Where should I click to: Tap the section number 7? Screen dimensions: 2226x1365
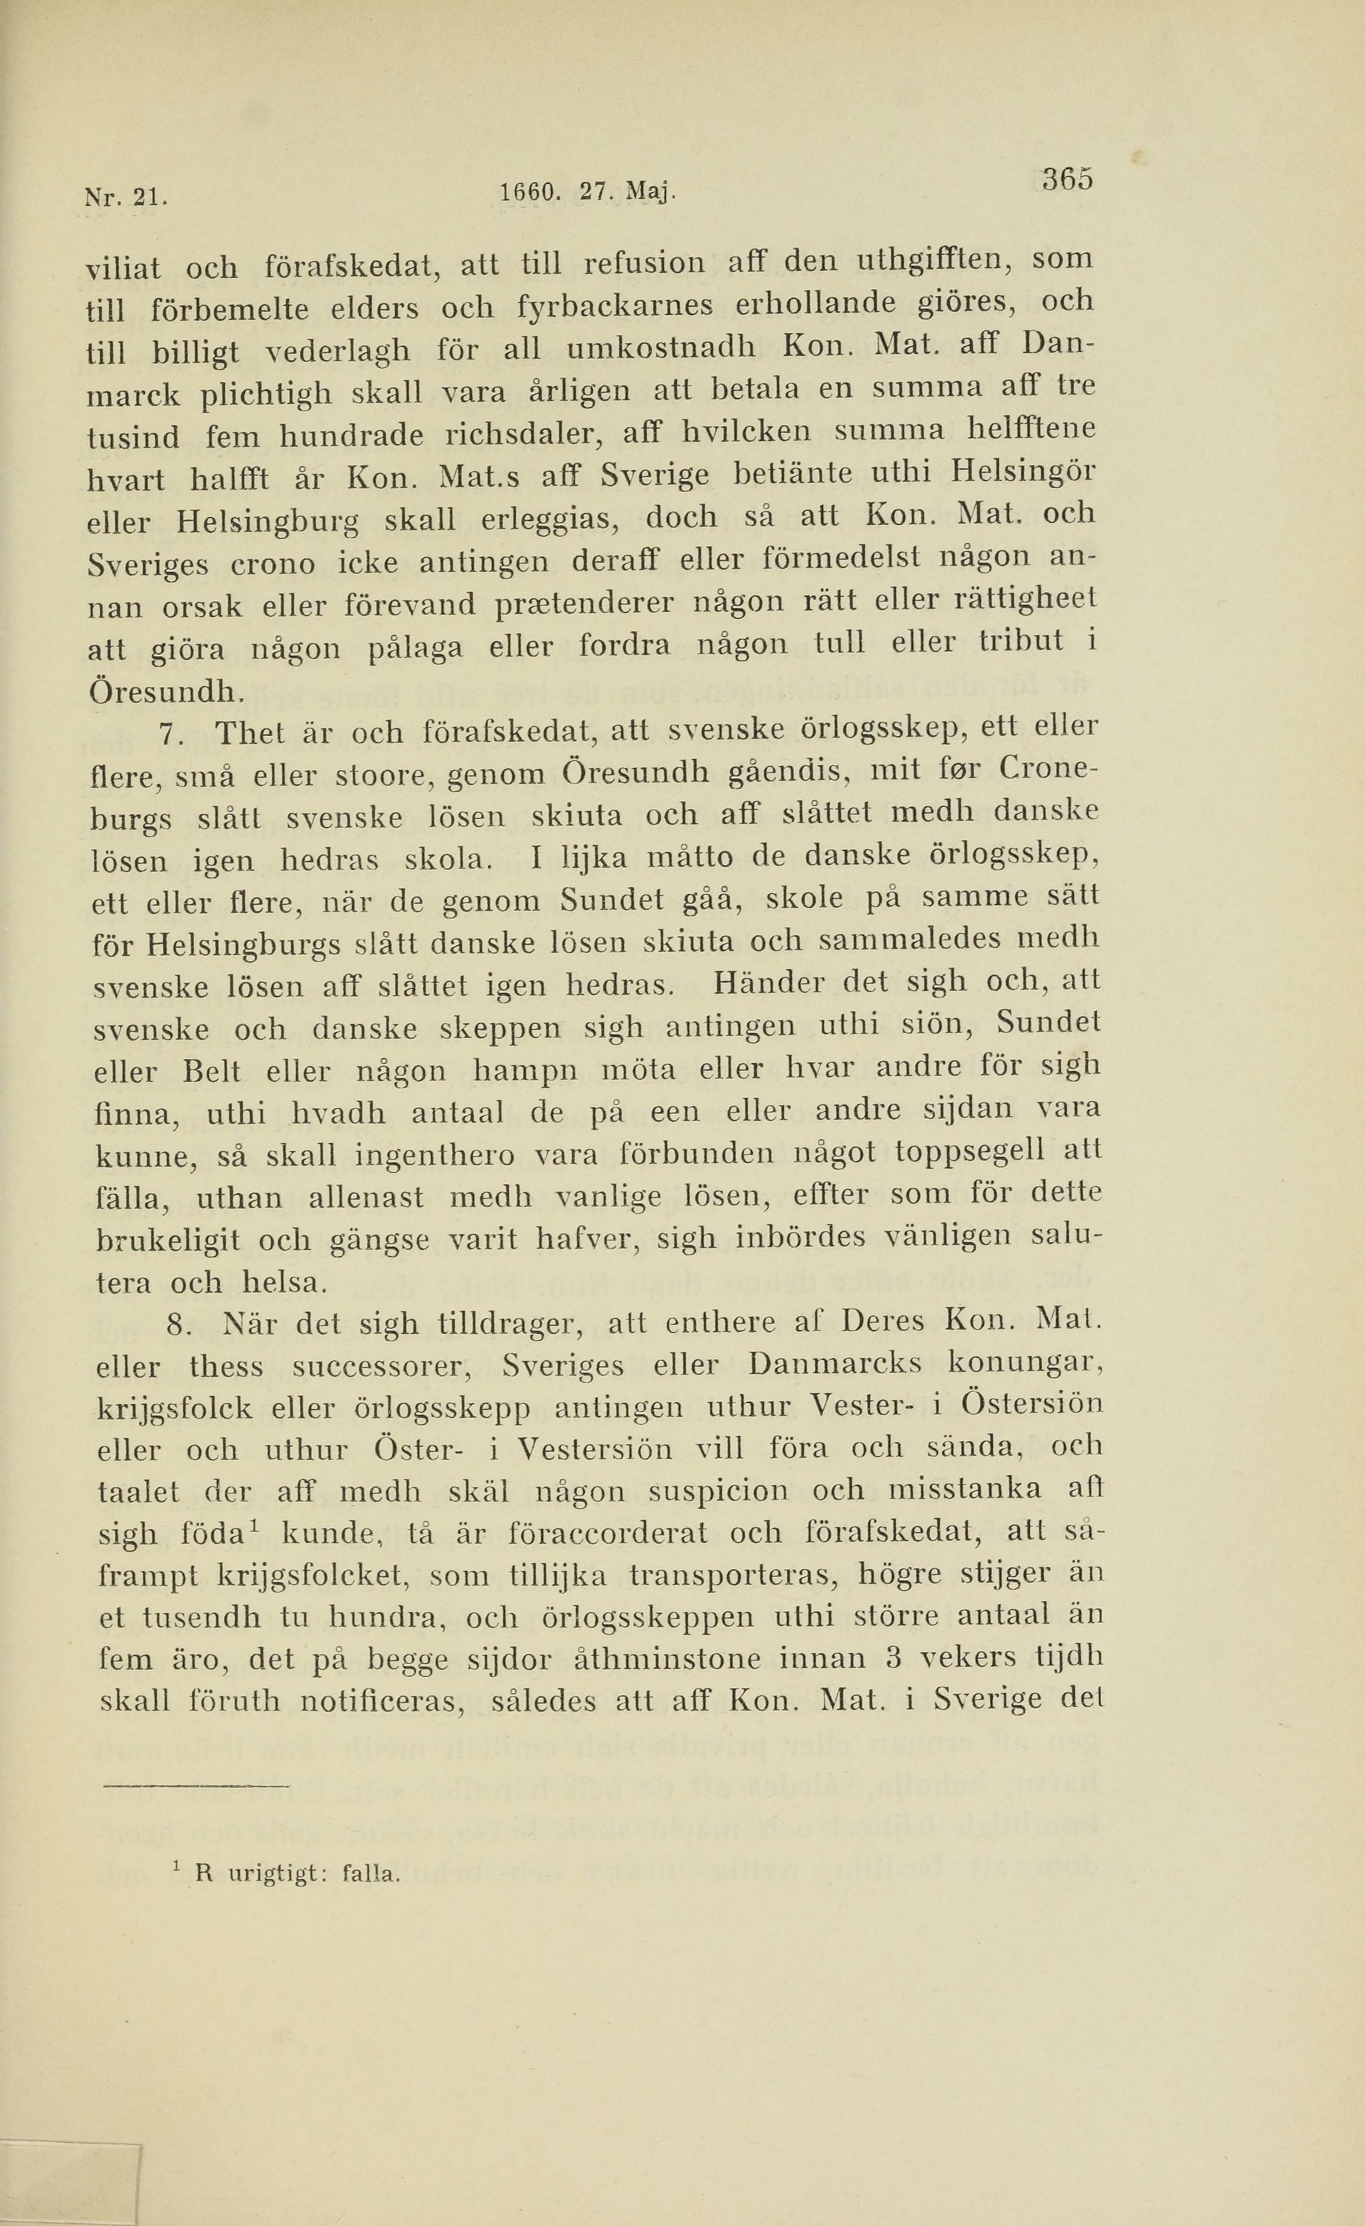click(171, 735)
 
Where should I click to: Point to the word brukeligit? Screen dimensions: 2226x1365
click(168, 1240)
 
